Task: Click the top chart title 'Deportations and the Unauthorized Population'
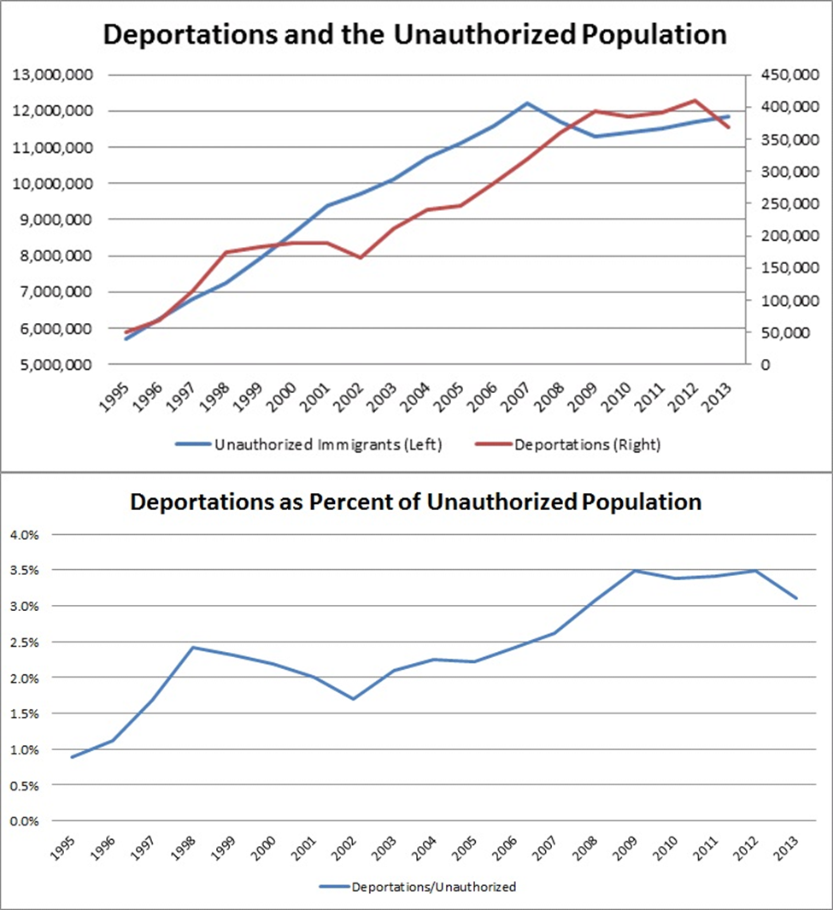click(415, 35)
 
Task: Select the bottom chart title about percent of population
click(415, 502)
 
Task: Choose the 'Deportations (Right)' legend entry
click(578, 444)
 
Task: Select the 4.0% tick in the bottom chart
click(25, 535)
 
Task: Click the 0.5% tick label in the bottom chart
click(25, 785)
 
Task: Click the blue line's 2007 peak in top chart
click(527, 103)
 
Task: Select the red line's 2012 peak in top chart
click(695, 100)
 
